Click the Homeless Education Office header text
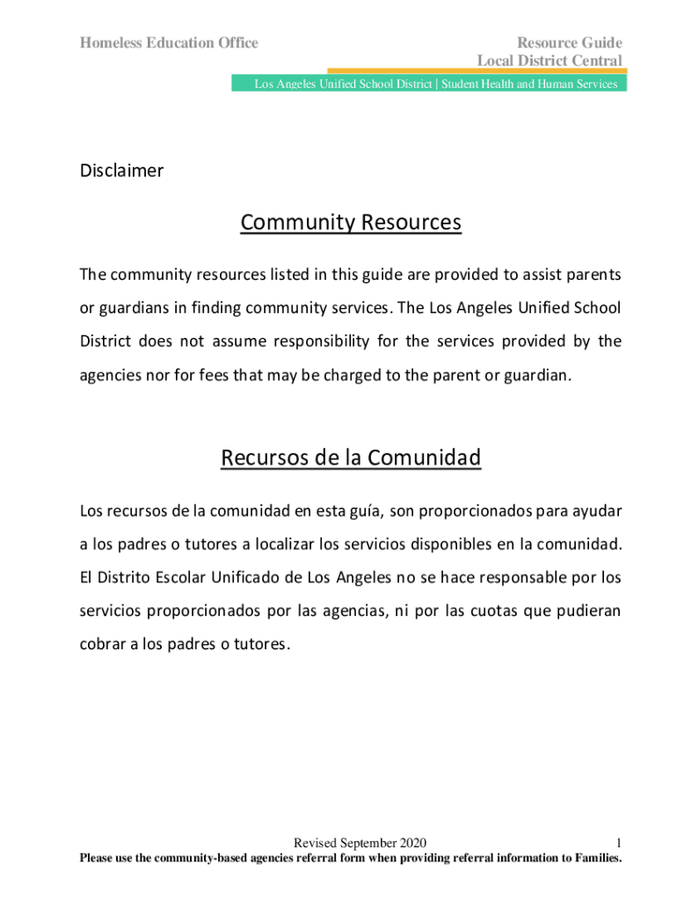(169, 42)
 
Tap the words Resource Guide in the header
(569, 42)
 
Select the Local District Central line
(550, 61)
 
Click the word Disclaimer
(121, 171)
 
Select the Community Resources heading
(350, 223)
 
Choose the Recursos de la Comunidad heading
(351, 458)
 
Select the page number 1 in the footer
(619, 842)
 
